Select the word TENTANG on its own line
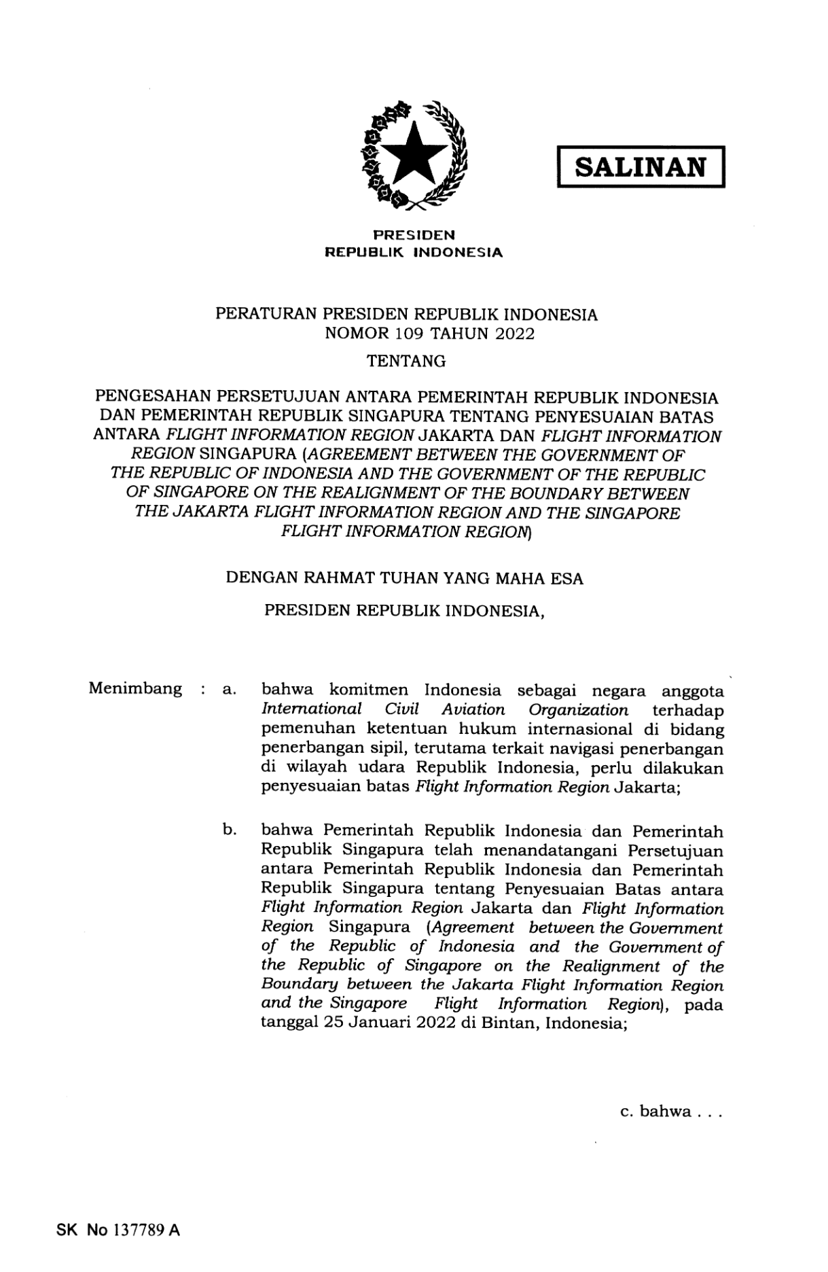[406, 361]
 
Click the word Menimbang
[135, 689]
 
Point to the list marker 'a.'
[229, 690]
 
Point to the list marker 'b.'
[229, 830]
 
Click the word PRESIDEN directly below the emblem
[414, 236]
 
